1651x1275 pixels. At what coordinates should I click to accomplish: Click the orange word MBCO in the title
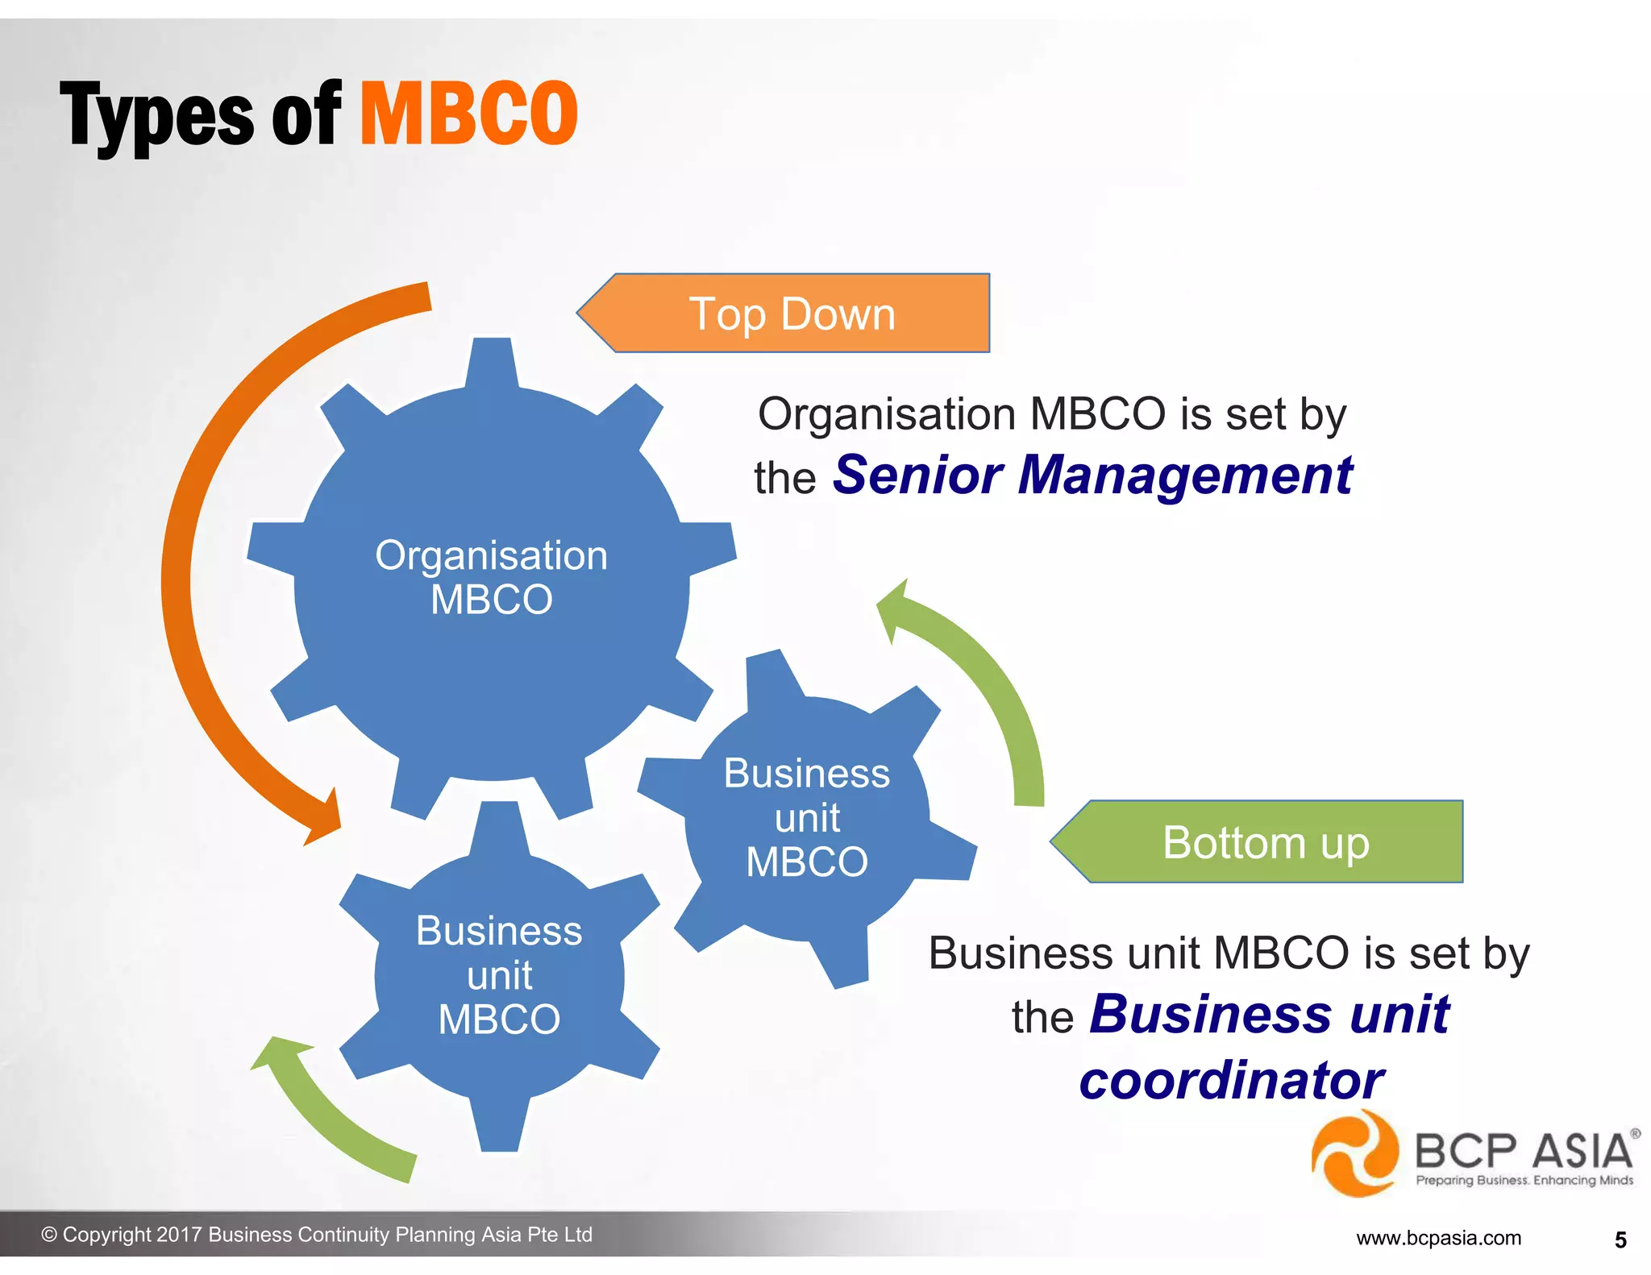[468, 114]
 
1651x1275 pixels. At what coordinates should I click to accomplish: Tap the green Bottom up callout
[1266, 842]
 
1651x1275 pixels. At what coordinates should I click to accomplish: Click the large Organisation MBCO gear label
[492, 577]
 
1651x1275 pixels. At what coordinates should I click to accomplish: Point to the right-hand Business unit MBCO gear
[807, 817]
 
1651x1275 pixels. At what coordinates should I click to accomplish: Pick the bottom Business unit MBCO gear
[499, 975]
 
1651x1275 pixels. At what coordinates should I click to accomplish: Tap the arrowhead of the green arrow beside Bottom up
[895, 608]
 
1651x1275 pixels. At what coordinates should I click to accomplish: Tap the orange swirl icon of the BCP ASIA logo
[1354, 1154]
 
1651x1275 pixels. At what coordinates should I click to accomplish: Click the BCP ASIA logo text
[1524, 1150]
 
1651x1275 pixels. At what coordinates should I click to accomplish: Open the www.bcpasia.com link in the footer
[1438, 1238]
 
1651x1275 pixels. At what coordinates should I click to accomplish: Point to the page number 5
[1620, 1240]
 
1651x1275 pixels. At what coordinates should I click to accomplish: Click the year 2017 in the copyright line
[179, 1235]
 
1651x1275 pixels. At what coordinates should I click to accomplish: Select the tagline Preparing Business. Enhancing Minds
[1524, 1181]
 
